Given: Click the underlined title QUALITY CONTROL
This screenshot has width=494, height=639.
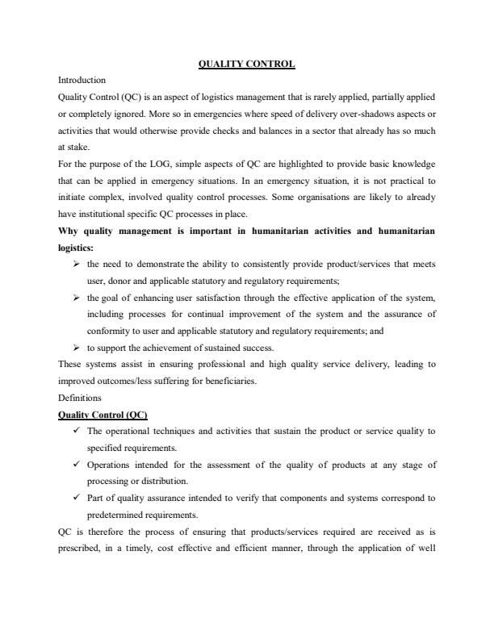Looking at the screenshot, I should [247, 63].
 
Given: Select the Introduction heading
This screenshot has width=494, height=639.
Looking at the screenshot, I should [82, 81].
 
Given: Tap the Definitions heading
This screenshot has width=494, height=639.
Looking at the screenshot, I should [80, 398].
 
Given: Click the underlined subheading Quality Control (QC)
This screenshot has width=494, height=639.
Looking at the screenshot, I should [97, 415].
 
